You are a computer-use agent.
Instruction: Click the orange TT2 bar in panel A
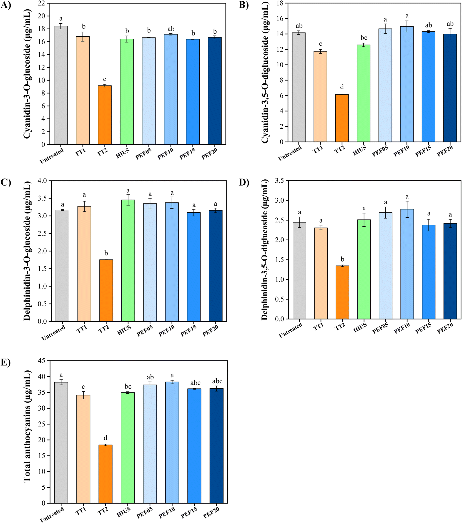(x=104, y=115)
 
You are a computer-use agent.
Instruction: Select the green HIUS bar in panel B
(x=364, y=93)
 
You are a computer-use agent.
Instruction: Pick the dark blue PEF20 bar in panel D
(x=450, y=271)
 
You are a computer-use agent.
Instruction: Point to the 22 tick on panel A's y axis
(x=41, y=3)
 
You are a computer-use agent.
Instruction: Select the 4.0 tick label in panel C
(x=42, y=181)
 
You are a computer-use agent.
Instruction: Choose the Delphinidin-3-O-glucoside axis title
(x=27, y=251)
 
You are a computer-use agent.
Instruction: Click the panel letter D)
(x=244, y=183)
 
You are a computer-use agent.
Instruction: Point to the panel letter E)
(x=6, y=362)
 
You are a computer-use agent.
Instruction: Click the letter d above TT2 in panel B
(x=342, y=87)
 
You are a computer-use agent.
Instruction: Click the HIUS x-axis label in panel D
(x=360, y=327)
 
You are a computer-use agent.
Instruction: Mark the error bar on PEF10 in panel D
(x=407, y=209)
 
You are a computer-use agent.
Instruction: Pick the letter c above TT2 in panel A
(x=104, y=79)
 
